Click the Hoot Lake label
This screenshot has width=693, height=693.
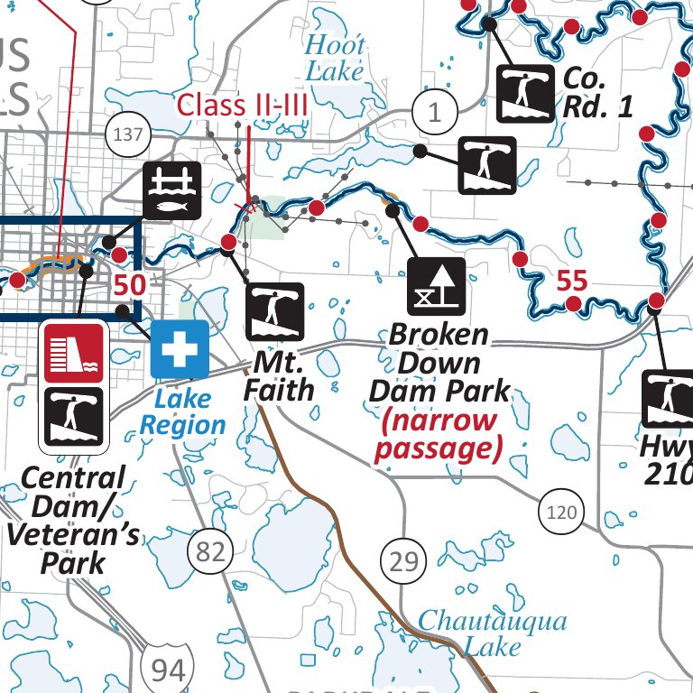[x=335, y=57]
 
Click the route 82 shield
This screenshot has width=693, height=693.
[x=210, y=550]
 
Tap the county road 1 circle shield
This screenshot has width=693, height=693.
[x=436, y=113]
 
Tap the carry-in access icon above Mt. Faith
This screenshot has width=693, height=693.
[x=275, y=311]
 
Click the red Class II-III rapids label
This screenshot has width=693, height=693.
[x=243, y=106]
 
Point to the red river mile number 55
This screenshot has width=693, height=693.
[x=571, y=281]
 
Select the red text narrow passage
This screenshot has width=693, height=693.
[x=438, y=434]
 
